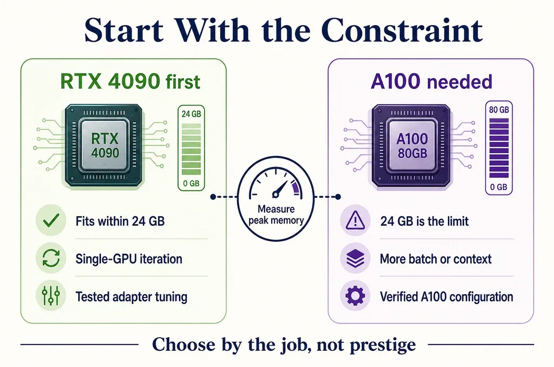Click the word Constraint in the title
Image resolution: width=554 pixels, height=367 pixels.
(x=402, y=30)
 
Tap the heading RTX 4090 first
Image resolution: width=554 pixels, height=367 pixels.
(x=130, y=81)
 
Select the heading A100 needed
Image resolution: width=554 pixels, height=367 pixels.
(x=432, y=81)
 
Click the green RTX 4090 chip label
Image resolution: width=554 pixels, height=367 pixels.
(x=105, y=145)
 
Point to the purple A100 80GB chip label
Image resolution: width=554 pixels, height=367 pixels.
(x=412, y=146)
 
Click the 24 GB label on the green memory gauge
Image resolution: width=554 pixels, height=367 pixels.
(x=191, y=114)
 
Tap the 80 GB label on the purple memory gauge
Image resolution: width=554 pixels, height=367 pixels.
(x=499, y=109)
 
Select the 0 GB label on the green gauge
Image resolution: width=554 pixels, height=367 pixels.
(x=191, y=184)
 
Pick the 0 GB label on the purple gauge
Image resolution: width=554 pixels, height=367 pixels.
(x=498, y=187)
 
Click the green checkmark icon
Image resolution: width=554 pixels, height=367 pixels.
(x=51, y=221)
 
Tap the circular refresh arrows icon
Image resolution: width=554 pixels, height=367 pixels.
(x=51, y=258)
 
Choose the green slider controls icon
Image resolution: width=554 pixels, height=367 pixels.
(x=51, y=296)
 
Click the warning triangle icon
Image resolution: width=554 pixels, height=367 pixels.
(x=355, y=220)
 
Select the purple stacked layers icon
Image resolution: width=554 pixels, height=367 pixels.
(x=355, y=259)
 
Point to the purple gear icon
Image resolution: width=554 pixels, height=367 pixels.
(x=355, y=296)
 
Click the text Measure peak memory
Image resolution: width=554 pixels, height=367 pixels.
(x=276, y=215)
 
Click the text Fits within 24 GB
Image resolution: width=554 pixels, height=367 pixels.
(x=120, y=221)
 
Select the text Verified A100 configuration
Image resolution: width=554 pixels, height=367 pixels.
(x=447, y=297)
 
